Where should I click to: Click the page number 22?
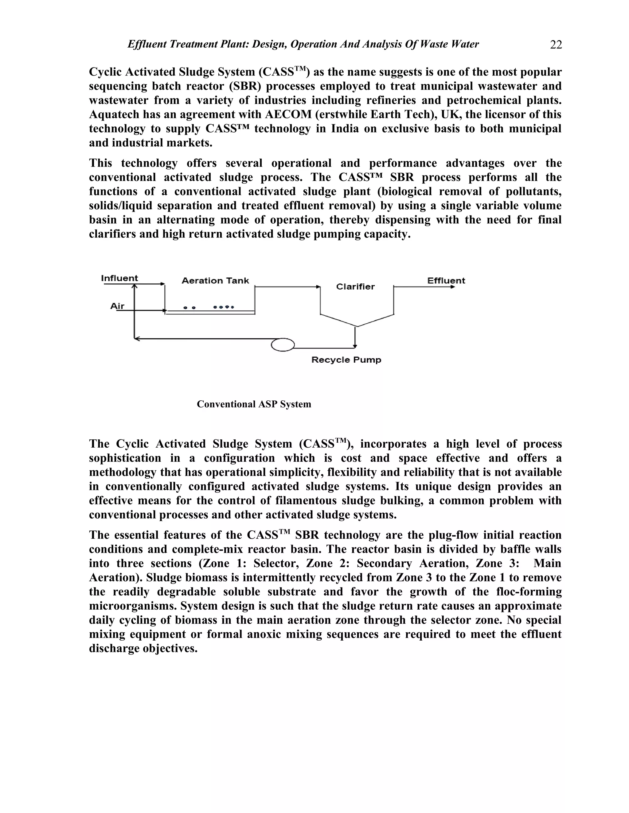[x=556, y=45]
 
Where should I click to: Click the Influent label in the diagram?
[x=119, y=278]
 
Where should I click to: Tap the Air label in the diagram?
[x=117, y=306]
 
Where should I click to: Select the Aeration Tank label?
[x=215, y=281]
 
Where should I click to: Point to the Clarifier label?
[x=355, y=286]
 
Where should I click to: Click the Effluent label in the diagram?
[x=446, y=281]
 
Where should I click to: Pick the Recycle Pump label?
[x=346, y=360]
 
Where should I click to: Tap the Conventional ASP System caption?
[x=254, y=404]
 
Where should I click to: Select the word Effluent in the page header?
[x=147, y=44]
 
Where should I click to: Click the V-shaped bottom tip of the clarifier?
[x=357, y=326]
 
